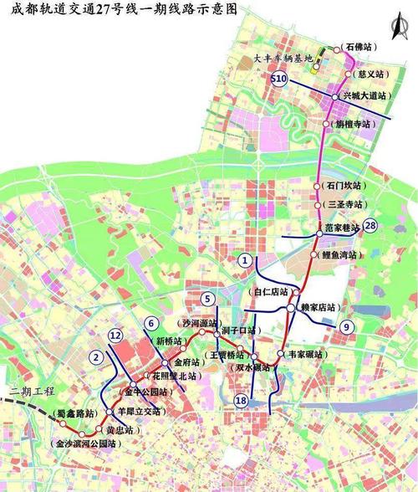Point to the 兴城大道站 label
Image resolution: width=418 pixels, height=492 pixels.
point(365,97)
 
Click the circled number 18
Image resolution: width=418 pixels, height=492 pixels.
point(242,401)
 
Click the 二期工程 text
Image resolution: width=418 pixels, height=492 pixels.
point(27,392)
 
